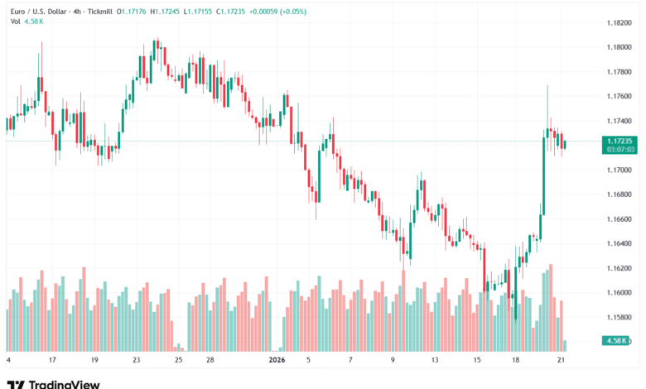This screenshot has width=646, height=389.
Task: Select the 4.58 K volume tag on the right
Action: click(x=618, y=341)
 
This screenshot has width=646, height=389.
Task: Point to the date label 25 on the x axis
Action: click(x=179, y=360)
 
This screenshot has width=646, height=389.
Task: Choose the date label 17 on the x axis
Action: click(x=52, y=360)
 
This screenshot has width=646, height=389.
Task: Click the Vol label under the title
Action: click(x=15, y=22)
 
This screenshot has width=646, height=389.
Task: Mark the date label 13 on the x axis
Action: click(x=434, y=360)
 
